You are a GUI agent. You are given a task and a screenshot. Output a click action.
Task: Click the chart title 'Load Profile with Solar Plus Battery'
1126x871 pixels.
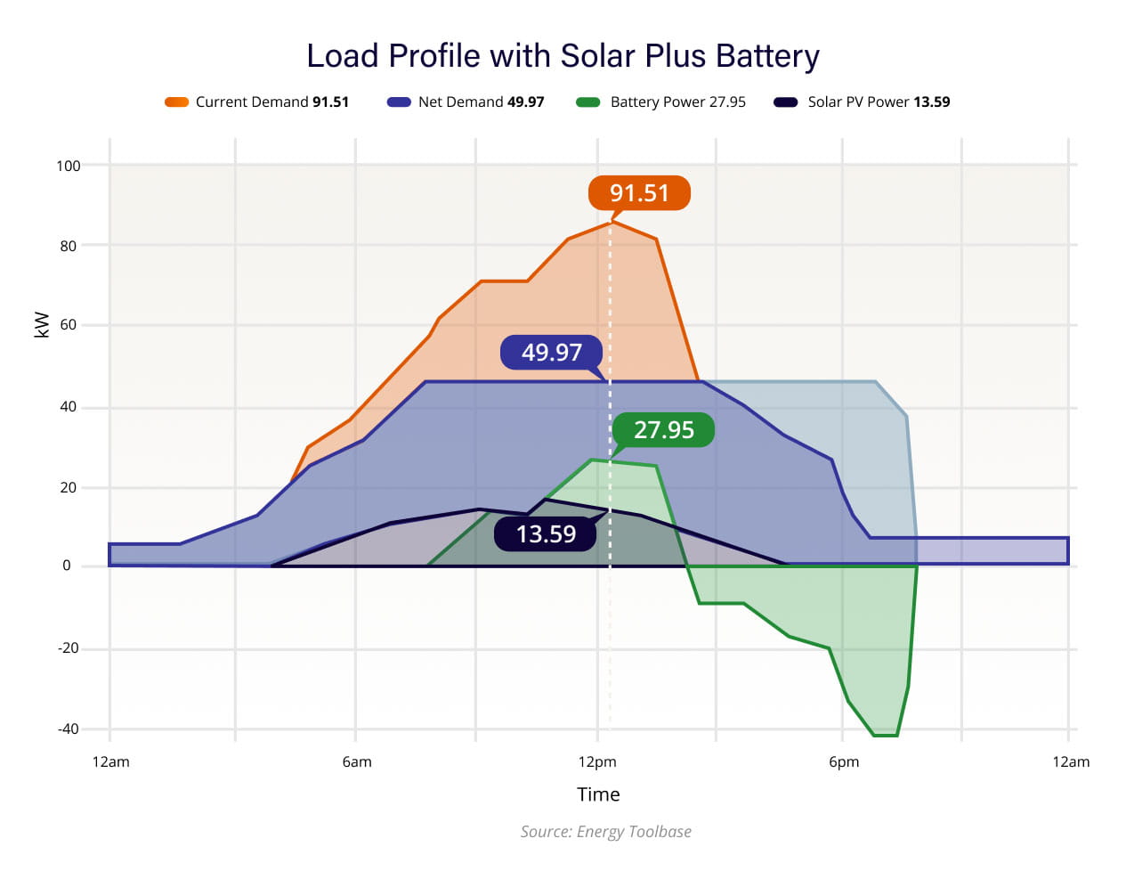click(563, 56)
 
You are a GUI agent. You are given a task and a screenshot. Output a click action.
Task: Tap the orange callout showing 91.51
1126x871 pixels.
click(639, 193)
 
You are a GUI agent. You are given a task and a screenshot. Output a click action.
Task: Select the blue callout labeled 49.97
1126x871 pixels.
click(552, 353)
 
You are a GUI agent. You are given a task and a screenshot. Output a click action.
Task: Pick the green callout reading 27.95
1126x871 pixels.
click(664, 430)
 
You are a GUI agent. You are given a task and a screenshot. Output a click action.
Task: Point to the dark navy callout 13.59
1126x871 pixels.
click(546, 534)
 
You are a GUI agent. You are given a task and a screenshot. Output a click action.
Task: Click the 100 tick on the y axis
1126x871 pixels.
click(69, 166)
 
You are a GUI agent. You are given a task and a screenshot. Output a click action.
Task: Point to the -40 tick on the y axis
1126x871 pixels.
click(69, 729)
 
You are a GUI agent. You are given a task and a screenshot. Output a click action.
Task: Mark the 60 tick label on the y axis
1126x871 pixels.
click(69, 325)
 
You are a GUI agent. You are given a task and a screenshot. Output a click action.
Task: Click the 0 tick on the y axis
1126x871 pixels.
click(67, 566)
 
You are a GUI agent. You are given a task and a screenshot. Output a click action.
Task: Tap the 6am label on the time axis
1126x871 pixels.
click(357, 762)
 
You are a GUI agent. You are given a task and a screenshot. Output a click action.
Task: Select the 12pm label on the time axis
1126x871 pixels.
click(597, 762)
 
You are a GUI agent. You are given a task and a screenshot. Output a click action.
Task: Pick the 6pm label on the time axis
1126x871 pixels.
click(844, 762)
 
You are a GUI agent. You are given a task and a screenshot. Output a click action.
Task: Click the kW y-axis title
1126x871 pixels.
click(41, 325)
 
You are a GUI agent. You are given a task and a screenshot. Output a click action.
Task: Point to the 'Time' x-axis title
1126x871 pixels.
click(598, 794)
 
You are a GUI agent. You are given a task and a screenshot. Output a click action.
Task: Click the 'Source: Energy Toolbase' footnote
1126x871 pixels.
click(605, 832)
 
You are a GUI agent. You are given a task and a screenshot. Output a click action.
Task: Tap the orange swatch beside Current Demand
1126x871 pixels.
click(176, 102)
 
